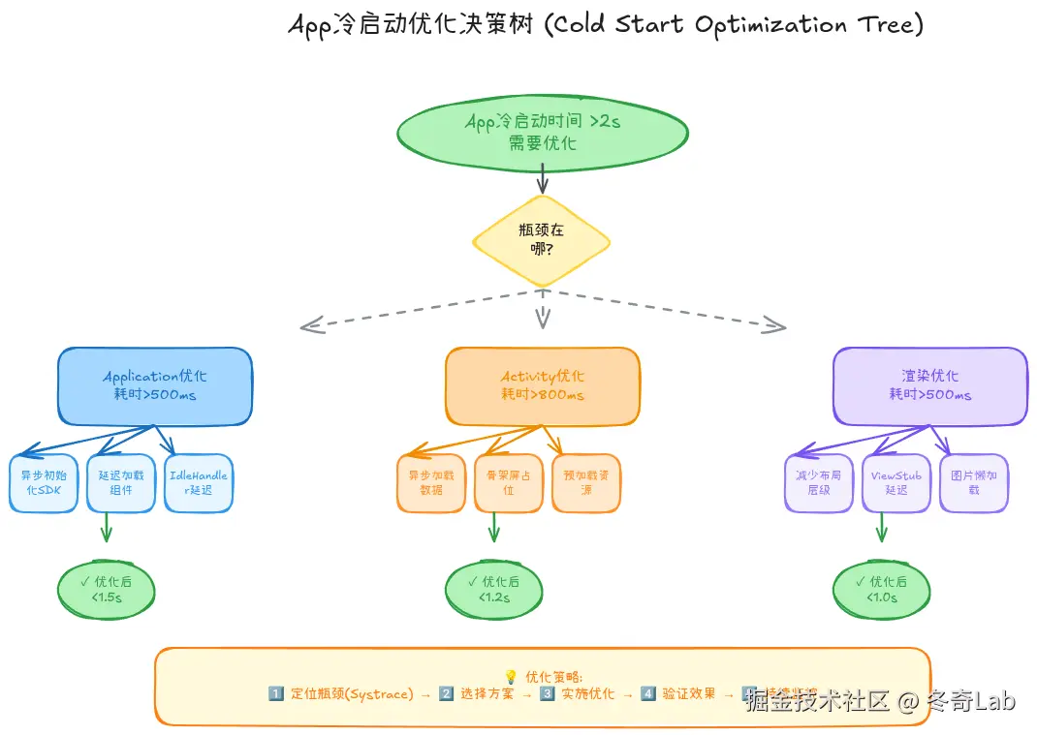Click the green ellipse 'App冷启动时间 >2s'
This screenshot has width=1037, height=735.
pos(542,132)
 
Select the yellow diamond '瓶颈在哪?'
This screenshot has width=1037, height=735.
pos(542,241)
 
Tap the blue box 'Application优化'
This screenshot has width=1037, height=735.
pos(155,385)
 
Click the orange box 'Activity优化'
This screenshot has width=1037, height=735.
pos(543,385)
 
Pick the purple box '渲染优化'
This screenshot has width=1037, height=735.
pos(929,385)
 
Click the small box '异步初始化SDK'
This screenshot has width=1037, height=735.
pos(44,483)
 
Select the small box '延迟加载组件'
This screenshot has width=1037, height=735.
pos(121,483)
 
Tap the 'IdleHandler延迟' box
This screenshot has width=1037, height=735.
pos(199,483)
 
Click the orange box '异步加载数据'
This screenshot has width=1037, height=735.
pos(431,483)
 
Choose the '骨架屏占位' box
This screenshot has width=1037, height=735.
pos(509,483)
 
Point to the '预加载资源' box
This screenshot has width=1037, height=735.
pos(586,483)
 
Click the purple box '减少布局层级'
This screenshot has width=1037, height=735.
pos(819,483)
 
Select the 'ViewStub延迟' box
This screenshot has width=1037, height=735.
pos(896,483)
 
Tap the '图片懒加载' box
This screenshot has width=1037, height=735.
pos(974,483)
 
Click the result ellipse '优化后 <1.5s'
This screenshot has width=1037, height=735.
pos(107,590)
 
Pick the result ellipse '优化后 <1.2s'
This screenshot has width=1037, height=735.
pos(493,590)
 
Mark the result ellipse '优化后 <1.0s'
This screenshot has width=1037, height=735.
pos(881,590)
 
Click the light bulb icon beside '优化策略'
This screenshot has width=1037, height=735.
pos(511,677)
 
